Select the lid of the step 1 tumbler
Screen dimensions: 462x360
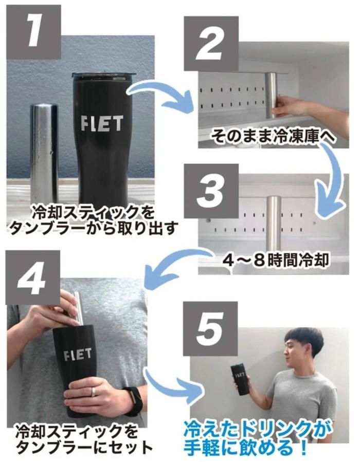(x=103, y=76)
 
